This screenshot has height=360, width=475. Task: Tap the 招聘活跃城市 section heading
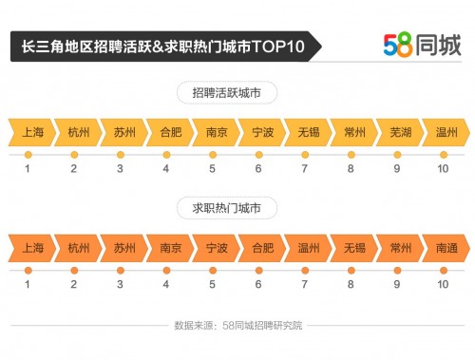coord(233,93)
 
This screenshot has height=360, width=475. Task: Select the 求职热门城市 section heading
coord(233,207)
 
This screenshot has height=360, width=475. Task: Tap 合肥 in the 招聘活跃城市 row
coord(171,132)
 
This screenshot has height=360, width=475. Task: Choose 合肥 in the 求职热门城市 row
coord(262,248)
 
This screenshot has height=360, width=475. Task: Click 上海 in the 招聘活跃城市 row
coord(32,132)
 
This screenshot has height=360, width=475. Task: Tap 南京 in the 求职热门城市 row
coord(171,248)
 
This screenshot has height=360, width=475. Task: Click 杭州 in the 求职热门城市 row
coord(79,248)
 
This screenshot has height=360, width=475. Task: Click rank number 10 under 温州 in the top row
coord(443,169)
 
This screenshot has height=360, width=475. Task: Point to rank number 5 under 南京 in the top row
coord(212,169)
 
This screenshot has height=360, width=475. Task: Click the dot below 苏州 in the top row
coord(121,154)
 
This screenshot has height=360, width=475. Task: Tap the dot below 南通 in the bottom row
coord(443,270)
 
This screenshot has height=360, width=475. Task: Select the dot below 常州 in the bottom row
coord(396,270)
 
